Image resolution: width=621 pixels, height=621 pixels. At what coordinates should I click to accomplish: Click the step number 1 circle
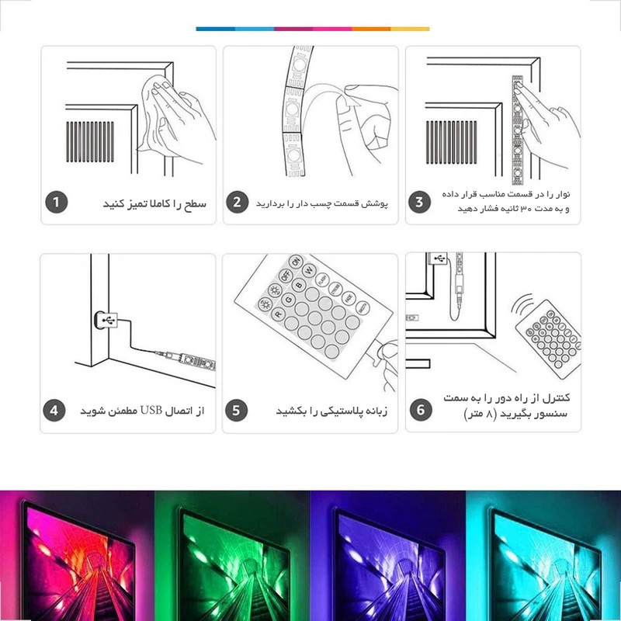point(57,203)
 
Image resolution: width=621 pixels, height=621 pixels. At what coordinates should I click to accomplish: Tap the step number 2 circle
point(238,203)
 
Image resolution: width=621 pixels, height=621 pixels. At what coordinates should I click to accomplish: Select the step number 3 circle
point(419,203)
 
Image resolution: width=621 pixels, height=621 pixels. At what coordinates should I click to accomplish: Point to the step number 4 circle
point(54,411)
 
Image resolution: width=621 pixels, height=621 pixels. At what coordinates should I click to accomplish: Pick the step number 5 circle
point(237,411)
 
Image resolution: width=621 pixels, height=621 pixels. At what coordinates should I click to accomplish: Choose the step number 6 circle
point(421,410)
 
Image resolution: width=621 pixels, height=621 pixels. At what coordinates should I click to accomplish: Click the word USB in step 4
point(151,411)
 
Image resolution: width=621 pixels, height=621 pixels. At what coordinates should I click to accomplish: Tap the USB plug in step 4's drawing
point(106,320)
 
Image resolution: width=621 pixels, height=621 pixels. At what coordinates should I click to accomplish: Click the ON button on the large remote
point(296,262)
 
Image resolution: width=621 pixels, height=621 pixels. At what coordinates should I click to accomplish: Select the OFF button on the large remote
point(285,276)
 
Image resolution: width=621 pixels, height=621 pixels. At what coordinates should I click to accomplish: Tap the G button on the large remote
point(288,300)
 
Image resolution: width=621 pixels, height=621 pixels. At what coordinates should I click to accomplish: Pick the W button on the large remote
point(309,271)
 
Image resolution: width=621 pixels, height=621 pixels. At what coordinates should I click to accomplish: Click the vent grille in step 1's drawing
point(90,142)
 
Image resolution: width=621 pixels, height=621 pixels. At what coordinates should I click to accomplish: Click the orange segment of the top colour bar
point(371,29)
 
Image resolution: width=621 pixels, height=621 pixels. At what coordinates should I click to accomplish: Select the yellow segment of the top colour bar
point(411,29)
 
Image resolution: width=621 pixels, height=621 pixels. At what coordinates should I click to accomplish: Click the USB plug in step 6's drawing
point(437,258)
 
